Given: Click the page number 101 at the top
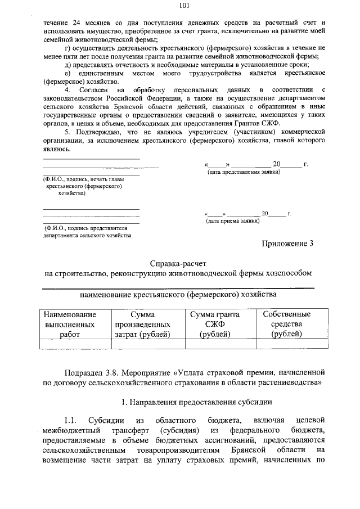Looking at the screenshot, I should click(184, 6).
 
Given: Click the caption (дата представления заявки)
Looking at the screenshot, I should click(244, 172).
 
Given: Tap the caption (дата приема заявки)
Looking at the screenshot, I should click(233, 221).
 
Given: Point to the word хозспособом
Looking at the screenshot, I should click(287, 273).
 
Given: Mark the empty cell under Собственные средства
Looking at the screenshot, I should click(286, 344).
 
